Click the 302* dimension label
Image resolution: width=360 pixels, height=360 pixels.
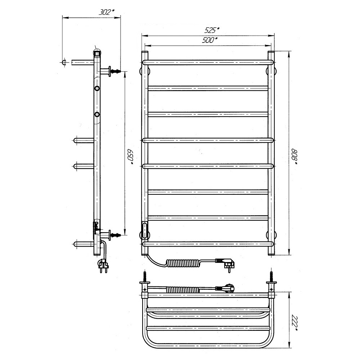[107, 12]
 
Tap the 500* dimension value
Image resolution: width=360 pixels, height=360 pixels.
[210, 40]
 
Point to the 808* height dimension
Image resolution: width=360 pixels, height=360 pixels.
[294, 157]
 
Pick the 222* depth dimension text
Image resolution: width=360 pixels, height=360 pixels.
[294, 324]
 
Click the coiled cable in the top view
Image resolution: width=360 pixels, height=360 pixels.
[183, 290]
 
